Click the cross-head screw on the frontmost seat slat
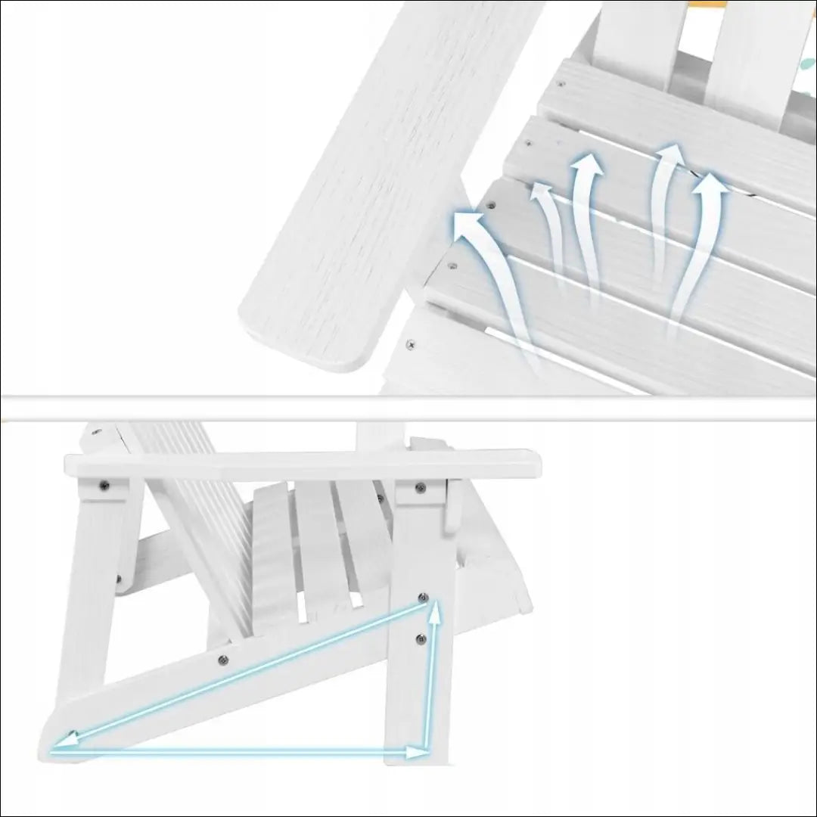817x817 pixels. click(x=411, y=345)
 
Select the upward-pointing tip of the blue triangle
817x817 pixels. click(x=434, y=610)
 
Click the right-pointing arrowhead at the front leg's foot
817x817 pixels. click(x=418, y=752)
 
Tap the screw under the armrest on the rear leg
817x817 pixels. click(x=104, y=486)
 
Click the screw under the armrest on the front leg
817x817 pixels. click(x=419, y=487)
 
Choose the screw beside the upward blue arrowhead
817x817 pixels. click(x=424, y=597)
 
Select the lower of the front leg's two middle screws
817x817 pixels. click(x=421, y=640)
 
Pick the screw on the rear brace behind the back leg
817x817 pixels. click(x=119, y=580)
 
